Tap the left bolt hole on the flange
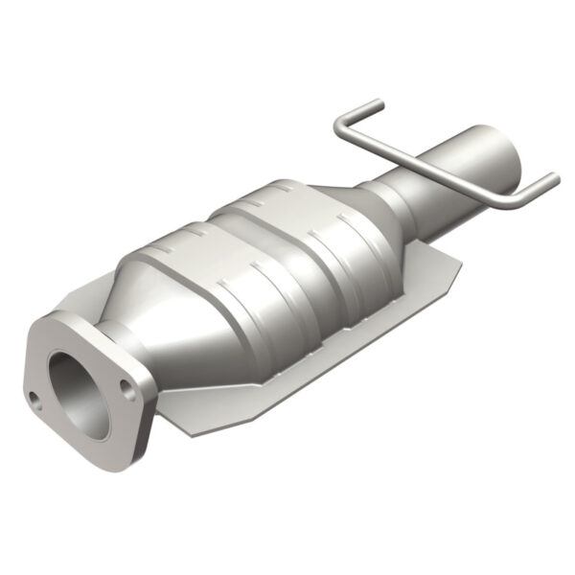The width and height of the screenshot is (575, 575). (x=37, y=400)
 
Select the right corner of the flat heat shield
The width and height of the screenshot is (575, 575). (x=457, y=264)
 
